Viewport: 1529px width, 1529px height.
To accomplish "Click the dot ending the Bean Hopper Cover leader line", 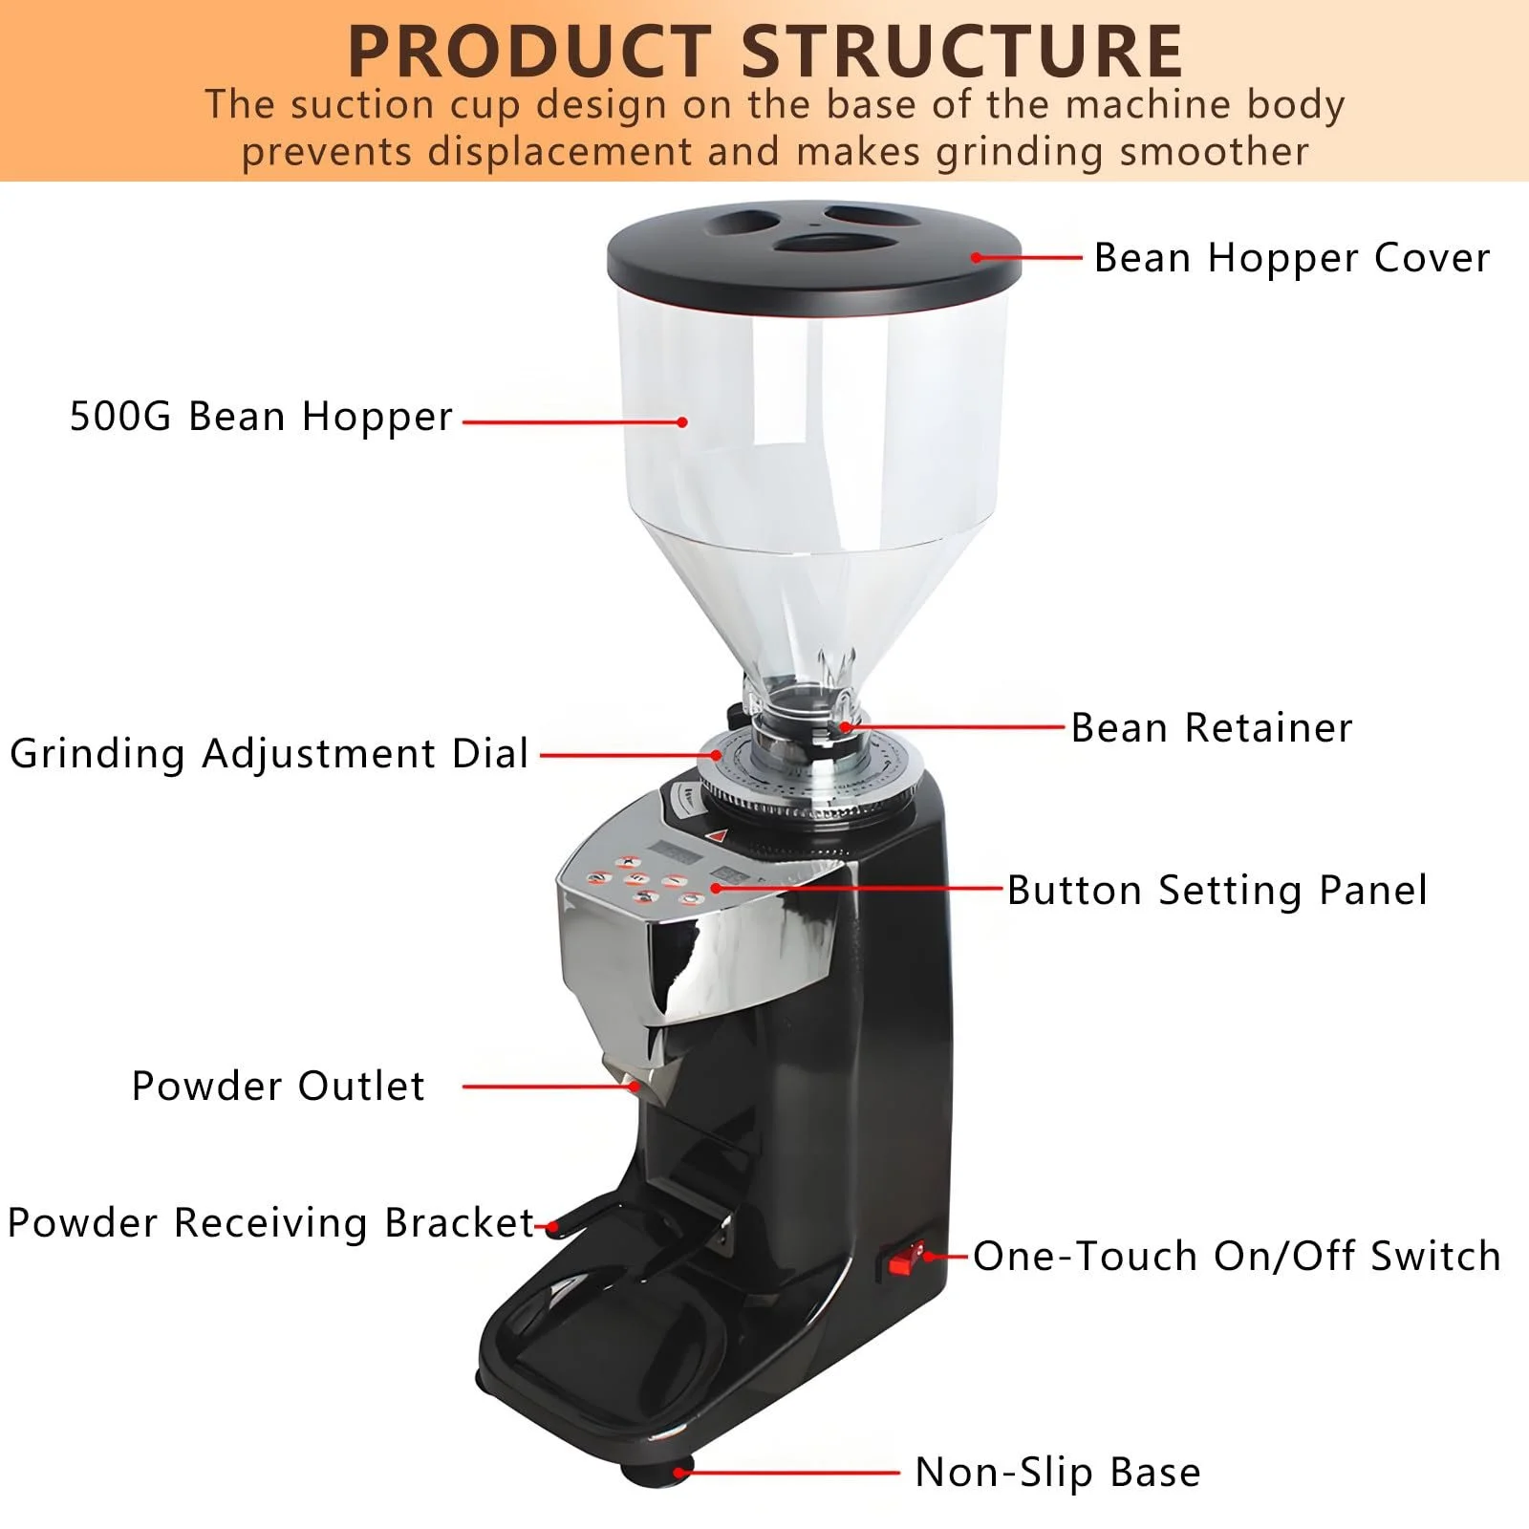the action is [977, 257].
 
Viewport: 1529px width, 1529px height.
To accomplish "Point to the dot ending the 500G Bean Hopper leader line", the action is [681, 421].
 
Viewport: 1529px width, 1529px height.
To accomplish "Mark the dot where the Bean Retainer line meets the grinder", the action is [845, 727].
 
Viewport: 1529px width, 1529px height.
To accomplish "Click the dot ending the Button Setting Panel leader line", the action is [716, 889].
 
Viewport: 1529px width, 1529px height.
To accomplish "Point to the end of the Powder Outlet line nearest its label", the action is [464, 1087].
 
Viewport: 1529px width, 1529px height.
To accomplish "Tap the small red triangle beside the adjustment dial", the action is [718, 834].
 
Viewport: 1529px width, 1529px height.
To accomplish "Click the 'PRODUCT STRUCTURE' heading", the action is [765, 52].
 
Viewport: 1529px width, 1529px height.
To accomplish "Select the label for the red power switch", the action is [1238, 1256].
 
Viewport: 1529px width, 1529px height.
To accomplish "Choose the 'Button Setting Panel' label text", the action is [1217, 891].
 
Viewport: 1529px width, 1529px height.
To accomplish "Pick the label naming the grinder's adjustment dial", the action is [269, 754].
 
